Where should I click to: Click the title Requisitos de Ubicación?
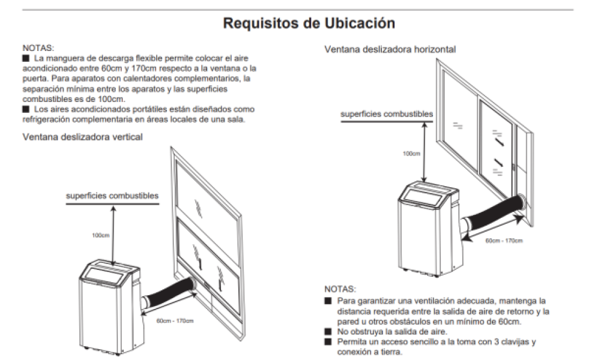309,23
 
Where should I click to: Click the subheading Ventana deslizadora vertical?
83,137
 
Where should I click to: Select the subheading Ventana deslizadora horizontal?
390,49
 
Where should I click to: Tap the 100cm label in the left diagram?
101,235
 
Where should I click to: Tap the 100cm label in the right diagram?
411,154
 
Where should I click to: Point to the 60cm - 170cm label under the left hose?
175,320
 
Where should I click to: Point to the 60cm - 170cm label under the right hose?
504,240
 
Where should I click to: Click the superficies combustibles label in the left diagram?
112,196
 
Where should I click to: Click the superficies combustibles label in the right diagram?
387,114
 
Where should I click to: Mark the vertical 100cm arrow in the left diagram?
113,234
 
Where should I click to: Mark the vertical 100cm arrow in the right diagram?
424,152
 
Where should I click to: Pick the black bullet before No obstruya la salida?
328,331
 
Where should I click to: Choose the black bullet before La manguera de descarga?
26,58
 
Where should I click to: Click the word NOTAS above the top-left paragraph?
38,48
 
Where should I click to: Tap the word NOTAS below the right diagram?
340,289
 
